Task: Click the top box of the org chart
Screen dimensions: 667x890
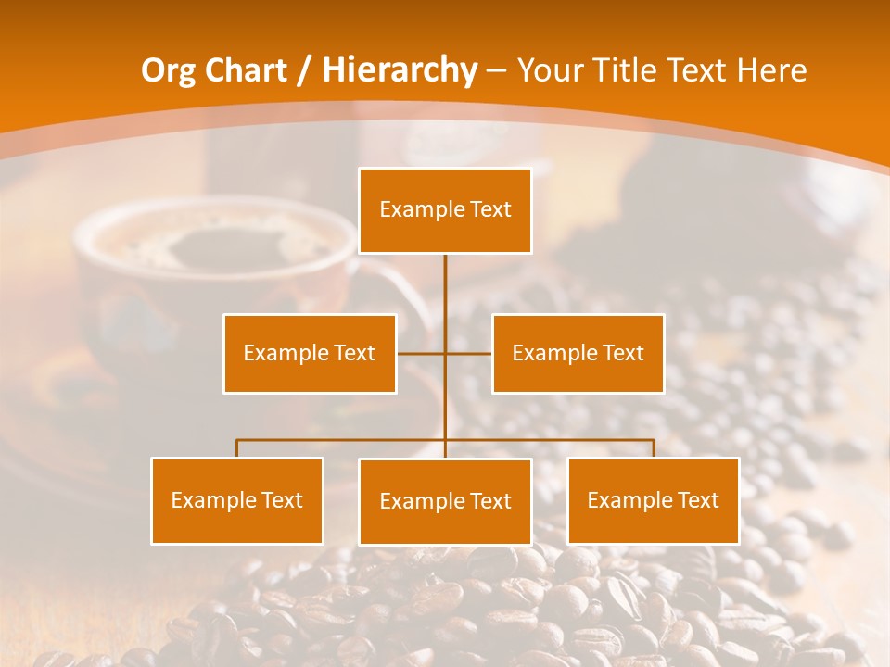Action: click(x=445, y=210)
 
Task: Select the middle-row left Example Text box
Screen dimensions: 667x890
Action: click(x=310, y=353)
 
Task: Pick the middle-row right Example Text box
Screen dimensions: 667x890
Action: click(x=578, y=353)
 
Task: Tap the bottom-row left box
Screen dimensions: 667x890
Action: click(x=237, y=500)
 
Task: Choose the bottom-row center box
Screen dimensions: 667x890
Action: click(x=445, y=501)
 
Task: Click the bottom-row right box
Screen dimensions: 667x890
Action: click(x=654, y=500)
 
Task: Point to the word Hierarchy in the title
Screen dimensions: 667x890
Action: click(x=400, y=70)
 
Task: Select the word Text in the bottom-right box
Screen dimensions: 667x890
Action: click(x=697, y=500)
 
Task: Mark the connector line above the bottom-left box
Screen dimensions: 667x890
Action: click(x=237, y=448)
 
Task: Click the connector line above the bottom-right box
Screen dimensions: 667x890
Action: click(x=654, y=448)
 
